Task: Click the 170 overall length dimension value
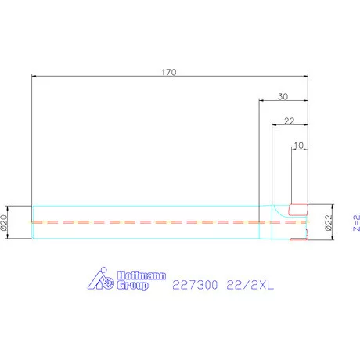tap(169, 71)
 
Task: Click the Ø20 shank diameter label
tap(5, 223)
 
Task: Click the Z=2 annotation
tap(355, 223)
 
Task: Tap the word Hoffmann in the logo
tap(138, 275)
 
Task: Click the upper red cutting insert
tap(298, 209)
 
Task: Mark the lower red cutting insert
tap(298, 237)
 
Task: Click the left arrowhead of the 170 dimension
tap(34, 76)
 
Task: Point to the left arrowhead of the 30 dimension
tap(261, 100)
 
